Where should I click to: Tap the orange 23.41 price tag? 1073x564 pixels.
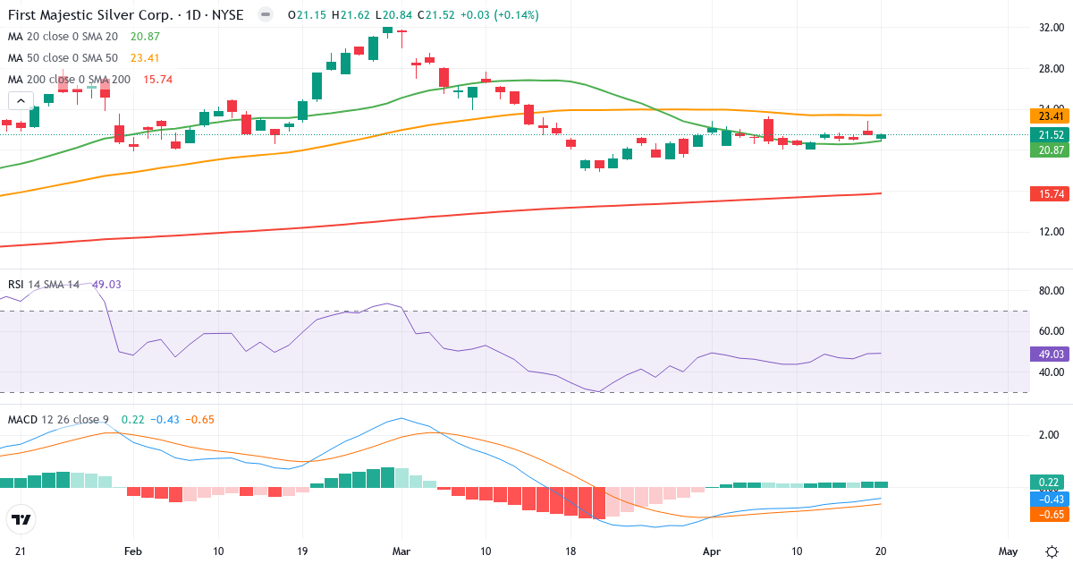tap(1051, 116)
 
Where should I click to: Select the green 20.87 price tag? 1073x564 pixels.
tap(1051, 150)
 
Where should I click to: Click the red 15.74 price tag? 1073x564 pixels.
tap(1051, 194)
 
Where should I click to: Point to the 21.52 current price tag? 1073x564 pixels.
tap(1051, 135)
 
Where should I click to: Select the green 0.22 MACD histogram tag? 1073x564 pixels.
tap(1051, 482)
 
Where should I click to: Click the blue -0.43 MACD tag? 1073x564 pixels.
tap(1051, 499)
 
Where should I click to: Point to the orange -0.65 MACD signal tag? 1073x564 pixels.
tap(1051, 515)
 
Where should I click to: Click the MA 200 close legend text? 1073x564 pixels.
tap(69, 80)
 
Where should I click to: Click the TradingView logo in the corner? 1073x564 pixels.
tap(21, 520)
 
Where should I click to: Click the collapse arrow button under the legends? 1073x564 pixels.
tap(17, 100)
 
